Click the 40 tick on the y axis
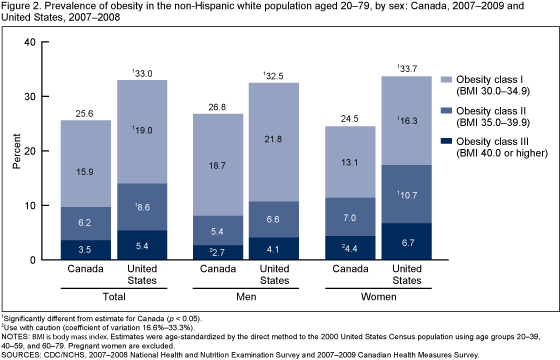point(28,42)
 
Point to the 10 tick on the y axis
point(28,206)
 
